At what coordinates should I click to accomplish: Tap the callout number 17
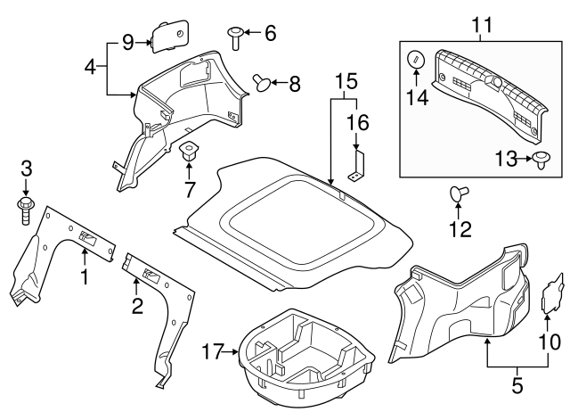(x=211, y=352)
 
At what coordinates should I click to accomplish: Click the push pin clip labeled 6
(x=234, y=37)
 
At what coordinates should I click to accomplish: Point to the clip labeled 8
(x=262, y=83)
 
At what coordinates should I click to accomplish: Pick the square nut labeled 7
(x=190, y=149)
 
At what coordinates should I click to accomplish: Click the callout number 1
(x=85, y=278)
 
